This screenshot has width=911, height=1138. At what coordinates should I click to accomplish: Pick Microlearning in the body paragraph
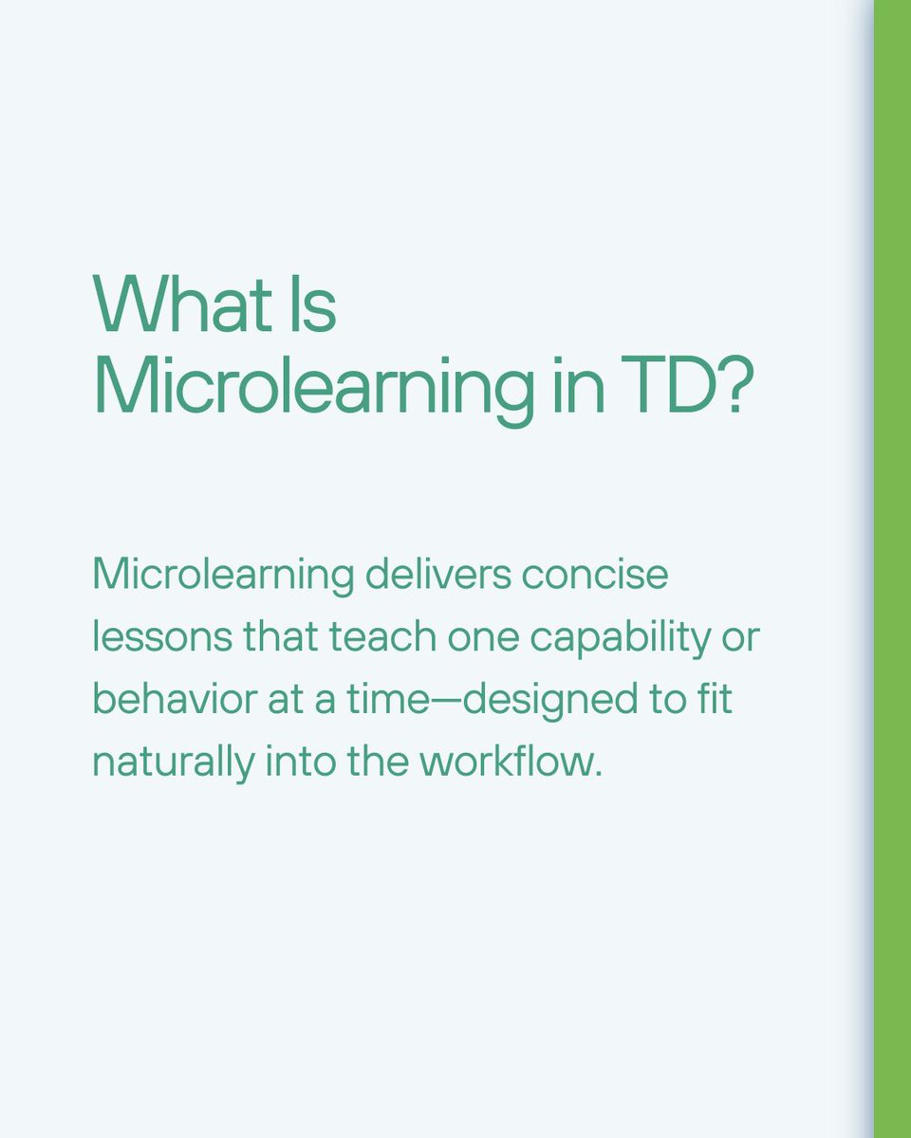point(222,576)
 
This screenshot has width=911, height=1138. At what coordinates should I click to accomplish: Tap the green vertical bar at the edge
point(892,569)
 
